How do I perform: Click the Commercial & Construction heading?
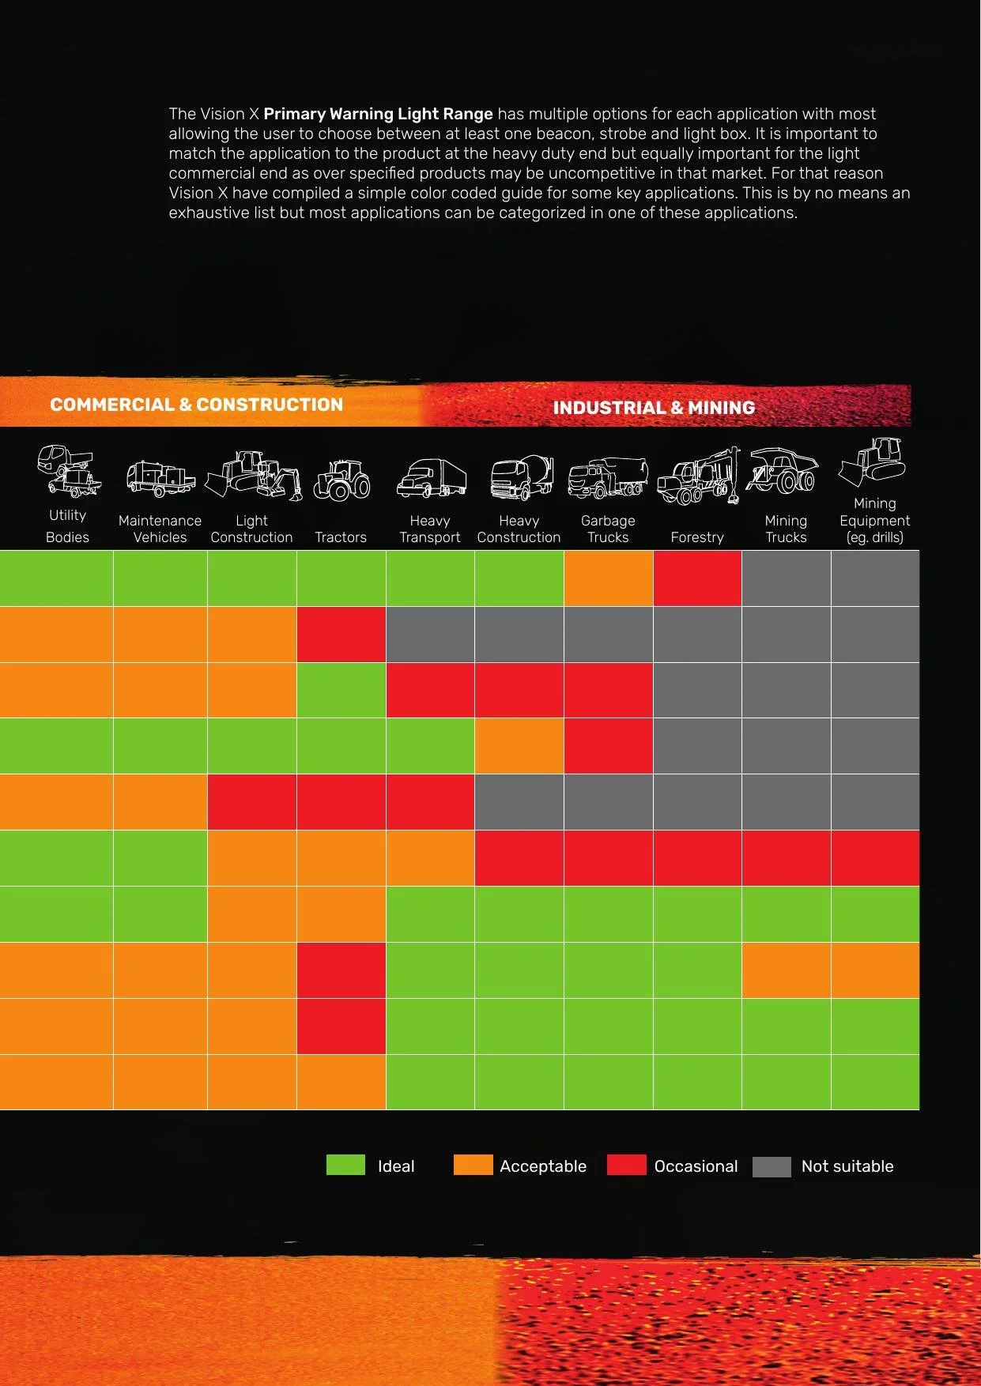tap(196, 405)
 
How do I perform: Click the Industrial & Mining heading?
tap(654, 408)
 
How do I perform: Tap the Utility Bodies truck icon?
tap(69, 471)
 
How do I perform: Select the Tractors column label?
tap(341, 537)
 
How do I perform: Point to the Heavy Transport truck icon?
tap(432, 478)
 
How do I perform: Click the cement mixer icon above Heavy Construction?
tap(522, 477)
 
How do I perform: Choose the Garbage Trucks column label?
tap(608, 529)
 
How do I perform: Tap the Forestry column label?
tap(697, 537)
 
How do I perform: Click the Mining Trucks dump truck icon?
tap(783, 470)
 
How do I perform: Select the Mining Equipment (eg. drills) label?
tap(875, 520)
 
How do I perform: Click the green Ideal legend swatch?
tap(345, 1166)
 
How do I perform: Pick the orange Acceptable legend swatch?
tap(473, 1166)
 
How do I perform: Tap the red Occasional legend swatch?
tap(626, 1166)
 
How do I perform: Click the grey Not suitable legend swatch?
tap(772, 1166)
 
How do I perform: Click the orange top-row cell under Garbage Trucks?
tap(609, 578)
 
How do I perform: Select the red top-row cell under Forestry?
tap(697, 578)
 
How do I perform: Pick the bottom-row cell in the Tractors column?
tap(341, 1082)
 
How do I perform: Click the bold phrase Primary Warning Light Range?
tap(378, 114)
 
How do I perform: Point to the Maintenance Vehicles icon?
tap(160, 479)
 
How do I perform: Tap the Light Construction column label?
tap(251, 529)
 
